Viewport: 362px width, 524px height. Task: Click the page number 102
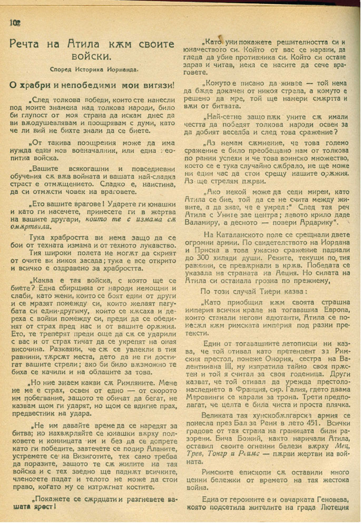[14, 22]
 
